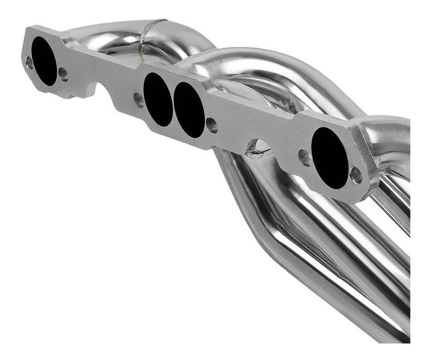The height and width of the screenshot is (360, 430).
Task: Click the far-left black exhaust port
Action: click(x=45, y=62)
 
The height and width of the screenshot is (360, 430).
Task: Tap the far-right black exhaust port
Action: click(x=330, y=158)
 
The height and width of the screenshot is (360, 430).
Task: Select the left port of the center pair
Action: click(x=158, y=99)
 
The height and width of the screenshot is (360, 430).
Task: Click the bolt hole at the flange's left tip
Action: click(x=30, y=63)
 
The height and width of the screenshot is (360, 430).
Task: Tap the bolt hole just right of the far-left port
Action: click(x=63, y=75)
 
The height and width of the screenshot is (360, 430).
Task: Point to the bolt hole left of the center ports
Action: click(x=138, y=100)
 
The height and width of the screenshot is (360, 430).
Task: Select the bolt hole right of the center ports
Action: click(x=211, y=126)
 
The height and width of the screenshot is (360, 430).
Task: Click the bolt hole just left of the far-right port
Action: click(x=304, y=158)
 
